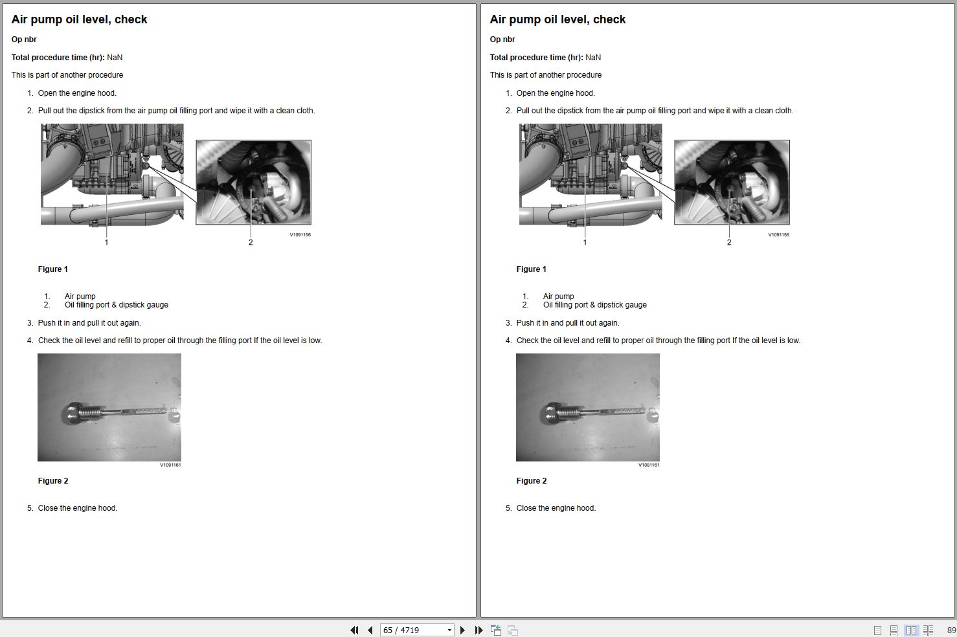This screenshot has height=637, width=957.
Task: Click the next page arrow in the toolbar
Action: pyautogui.click(x=462, y=630)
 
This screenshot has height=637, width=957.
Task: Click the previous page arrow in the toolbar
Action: pyautogui.click(x=370, y=630)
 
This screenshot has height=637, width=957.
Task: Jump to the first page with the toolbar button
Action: pyautogui.click(x=354, y=630)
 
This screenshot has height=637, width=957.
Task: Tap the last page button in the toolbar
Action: pyautogui.click(x=478, y=630)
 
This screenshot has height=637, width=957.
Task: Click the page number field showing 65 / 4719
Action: pyautogui.click(x=412, y=630)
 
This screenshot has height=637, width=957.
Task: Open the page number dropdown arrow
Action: pyautogui.click(x=449, y=630)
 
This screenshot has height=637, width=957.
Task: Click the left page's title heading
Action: pyautogui.click(x=79, y=19)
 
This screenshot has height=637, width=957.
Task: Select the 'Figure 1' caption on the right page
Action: pyautogui.click(x=531, y=269)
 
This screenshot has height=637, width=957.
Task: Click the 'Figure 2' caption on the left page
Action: pyautogui.click(x=53, y=480)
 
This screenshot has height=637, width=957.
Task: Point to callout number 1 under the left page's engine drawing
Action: pyautogui.click(x=106, y=242)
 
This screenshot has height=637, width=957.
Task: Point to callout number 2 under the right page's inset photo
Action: pyautogui.click(x=729, y=242)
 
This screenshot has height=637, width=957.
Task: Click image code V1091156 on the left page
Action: pyautogui.click(x=300, y=234)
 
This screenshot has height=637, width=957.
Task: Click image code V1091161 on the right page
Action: pyautogui.click(x=649, y=465)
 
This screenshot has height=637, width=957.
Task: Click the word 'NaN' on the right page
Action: pyautogui.click(x=593, y=57)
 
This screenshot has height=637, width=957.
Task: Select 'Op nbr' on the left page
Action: pyautogui.click(x=24, y=39)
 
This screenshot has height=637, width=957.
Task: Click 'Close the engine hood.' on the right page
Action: pyautogui.click(x=556, y=508)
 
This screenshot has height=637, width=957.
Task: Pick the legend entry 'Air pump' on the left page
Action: pyautogui.click(x=80, y=296)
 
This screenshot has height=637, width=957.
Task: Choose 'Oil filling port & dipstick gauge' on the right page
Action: pyautogui.click(x=594, y=305)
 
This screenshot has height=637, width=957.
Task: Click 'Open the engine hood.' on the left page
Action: pyautogui.click(x=77, y=93)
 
